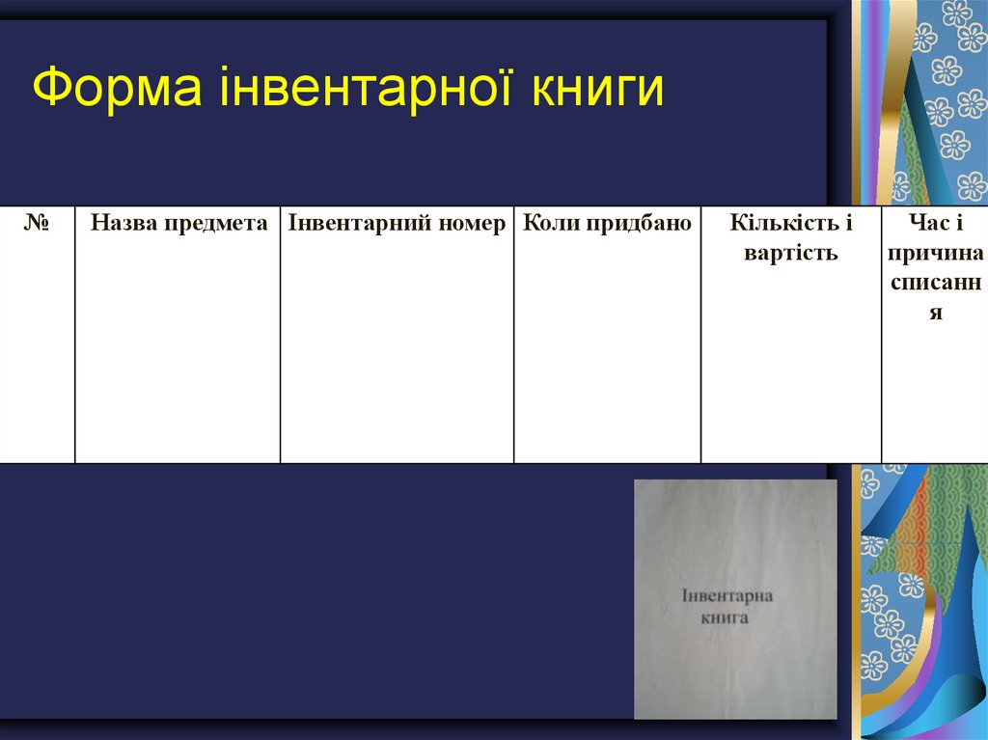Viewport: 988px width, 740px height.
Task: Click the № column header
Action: pos(37,224)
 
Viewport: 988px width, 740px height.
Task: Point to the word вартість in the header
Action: pos(791,254)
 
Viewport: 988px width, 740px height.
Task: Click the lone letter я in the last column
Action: pos(935,314)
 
